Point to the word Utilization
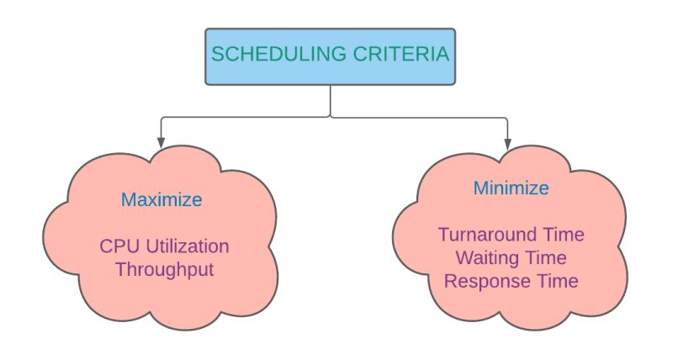[x=186, y=247]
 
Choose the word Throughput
[x=163, y=270]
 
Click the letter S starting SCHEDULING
[x=217, y=55]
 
